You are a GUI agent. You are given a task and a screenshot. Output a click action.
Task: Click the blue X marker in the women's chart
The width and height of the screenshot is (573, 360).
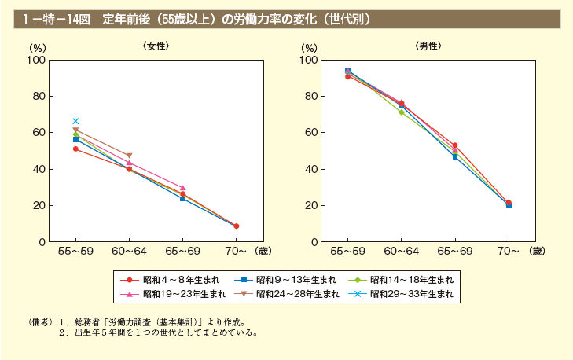click(75, 121)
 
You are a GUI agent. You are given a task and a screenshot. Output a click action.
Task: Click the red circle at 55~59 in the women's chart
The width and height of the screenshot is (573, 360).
click(75, 149)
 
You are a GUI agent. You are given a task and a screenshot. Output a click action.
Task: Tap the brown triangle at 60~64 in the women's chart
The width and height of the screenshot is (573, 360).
click(129, 156)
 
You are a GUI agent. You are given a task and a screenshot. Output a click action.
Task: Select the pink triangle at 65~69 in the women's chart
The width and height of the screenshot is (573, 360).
click(182, 188)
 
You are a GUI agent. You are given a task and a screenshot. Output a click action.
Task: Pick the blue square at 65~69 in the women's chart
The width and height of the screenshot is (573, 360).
click(182, 199)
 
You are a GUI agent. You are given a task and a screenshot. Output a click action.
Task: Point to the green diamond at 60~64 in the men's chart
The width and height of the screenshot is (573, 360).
click(401, 112)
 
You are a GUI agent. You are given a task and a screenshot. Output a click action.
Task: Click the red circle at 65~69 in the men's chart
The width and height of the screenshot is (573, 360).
click(454, 145)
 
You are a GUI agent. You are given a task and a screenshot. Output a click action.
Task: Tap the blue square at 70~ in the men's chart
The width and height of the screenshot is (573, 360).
click(509, 204)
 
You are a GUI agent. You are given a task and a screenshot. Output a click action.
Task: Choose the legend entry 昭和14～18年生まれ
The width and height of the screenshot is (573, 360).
click(402, 280)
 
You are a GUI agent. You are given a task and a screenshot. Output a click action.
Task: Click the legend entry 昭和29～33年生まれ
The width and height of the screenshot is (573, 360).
click(402, 294)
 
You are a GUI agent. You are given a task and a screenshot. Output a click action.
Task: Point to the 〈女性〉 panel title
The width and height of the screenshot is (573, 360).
click(156, 46)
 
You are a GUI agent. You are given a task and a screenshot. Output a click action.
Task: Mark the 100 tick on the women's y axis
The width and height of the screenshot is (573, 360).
click(35, 60)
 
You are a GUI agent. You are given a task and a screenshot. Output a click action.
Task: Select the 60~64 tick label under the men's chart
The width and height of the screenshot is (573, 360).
click(401, 252)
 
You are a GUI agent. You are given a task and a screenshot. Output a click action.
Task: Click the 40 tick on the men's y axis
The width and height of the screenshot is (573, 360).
click(310, 169)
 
